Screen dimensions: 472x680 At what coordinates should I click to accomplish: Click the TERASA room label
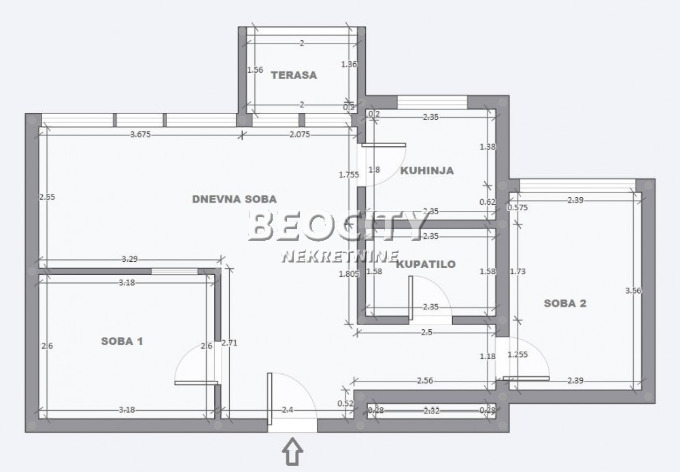click(294, 75)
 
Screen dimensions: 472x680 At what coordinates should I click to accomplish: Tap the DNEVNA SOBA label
click(235, 199)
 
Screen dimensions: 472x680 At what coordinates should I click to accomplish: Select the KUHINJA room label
click(426, 170)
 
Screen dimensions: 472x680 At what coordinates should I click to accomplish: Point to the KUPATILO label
click(426, 264)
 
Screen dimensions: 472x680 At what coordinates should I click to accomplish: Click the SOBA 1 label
click(122, 341)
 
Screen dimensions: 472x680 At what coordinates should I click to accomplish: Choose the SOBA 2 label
click(564, 303)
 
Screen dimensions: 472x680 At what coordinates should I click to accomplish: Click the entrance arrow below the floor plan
click(292, 451)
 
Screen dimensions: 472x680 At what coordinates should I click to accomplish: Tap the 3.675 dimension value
click(141, 135)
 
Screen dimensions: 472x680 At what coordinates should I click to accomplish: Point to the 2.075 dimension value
click(300, 135)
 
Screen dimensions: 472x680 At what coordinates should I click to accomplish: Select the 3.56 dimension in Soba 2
click(633, 290)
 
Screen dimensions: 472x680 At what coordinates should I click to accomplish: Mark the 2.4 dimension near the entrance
click(288, 410)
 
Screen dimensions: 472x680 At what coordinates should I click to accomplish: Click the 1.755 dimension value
click(349, 174)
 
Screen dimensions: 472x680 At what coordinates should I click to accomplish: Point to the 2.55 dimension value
click(46, 197)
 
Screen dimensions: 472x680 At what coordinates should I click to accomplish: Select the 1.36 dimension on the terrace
click(349, 65)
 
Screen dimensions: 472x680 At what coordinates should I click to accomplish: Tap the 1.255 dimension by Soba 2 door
click(517, 354)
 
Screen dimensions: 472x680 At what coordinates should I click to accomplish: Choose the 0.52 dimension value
click(345, 403)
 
